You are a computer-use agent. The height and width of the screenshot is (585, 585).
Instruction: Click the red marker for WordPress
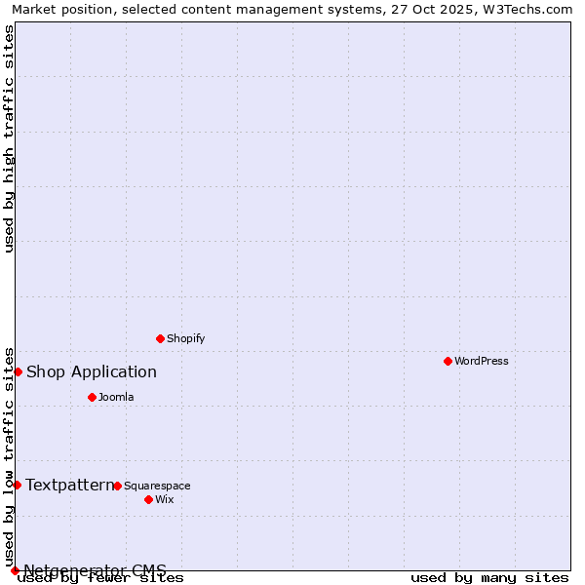(x=448, y=361)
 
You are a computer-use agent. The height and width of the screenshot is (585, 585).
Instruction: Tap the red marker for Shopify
(x=160, y=338)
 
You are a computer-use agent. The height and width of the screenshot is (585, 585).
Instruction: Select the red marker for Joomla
(x=92, y=397)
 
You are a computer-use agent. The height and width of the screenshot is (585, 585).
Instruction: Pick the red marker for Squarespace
(x=117, y=486)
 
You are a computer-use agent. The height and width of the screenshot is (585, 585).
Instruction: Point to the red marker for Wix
(x=148, y=499)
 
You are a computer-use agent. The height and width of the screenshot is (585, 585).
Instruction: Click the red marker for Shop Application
(x=18, y=371)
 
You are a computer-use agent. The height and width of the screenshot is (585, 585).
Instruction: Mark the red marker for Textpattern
(x=17, y=485)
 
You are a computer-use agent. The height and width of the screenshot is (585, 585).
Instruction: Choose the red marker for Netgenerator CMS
(x=15, y=570)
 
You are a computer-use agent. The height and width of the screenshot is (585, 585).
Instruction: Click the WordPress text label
(x=482, y=361)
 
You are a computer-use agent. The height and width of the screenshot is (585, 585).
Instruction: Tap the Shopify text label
(x=185, y=338)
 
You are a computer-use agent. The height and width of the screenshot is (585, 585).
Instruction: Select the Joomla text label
(x=116, y=397)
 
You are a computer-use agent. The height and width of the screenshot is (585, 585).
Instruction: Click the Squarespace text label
(x=157, y=486)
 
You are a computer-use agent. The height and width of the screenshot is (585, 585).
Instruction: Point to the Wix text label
(x=165, y=499)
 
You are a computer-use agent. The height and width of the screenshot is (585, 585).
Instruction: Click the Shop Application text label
(x=92, y=371)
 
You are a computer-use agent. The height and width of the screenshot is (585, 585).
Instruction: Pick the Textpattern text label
(x=70, y=485)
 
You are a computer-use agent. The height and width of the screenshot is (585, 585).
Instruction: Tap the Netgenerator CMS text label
(x=96, y=570)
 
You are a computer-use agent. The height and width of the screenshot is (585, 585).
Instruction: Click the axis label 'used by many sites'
(x=489, y=578)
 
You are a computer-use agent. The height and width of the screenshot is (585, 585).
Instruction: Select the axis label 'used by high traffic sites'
(x=9, y=138)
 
